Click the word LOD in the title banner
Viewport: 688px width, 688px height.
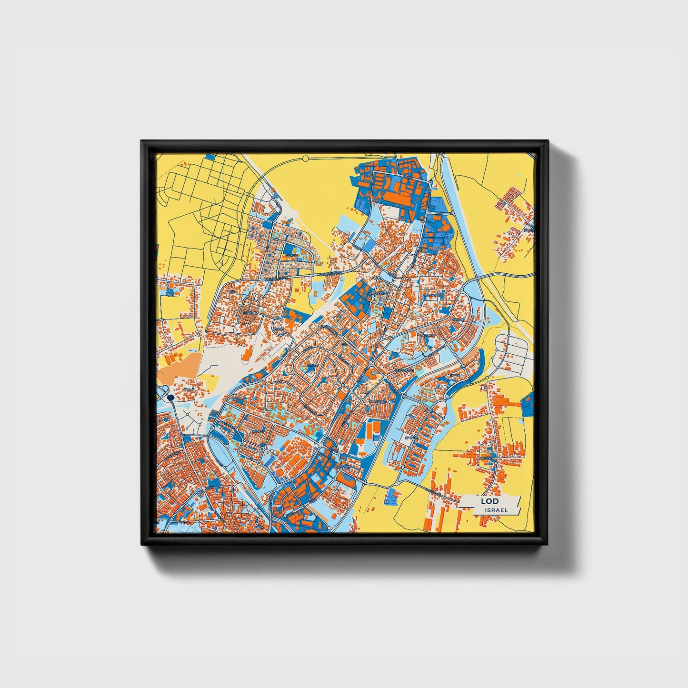[489, 501]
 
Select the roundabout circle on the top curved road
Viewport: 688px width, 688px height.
[306, 157]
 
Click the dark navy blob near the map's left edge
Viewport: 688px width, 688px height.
[171, 397]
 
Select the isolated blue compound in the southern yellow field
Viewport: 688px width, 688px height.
[392, 497]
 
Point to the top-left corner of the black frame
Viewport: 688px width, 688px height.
[142, 141]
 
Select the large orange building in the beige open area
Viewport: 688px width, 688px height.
[247, 352]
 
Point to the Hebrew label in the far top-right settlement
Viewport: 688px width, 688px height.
[527, 230]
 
